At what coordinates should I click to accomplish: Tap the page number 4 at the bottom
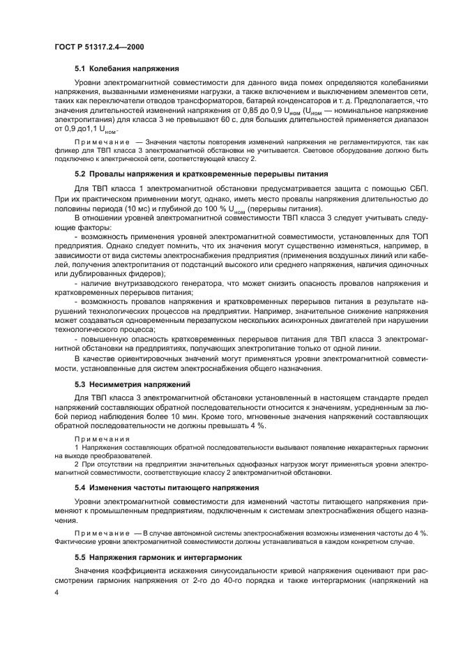click(x=56, y=591)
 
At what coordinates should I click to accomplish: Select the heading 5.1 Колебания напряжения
click(x=127, y=68)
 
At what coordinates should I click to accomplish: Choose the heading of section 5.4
click(x=157, y=487)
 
